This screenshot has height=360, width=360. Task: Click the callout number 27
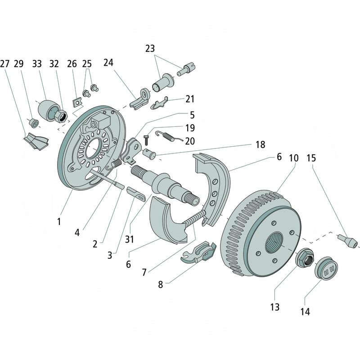click(x=5, y=64)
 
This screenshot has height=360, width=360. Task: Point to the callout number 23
click(x=150, y=49)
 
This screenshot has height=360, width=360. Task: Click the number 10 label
click(x=294, y=158)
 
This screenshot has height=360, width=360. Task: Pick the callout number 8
click(x=161, y=284)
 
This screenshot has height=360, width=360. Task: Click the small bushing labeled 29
click(x=33, y=122)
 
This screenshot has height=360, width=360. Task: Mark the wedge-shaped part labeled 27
click(x=36, y=141)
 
